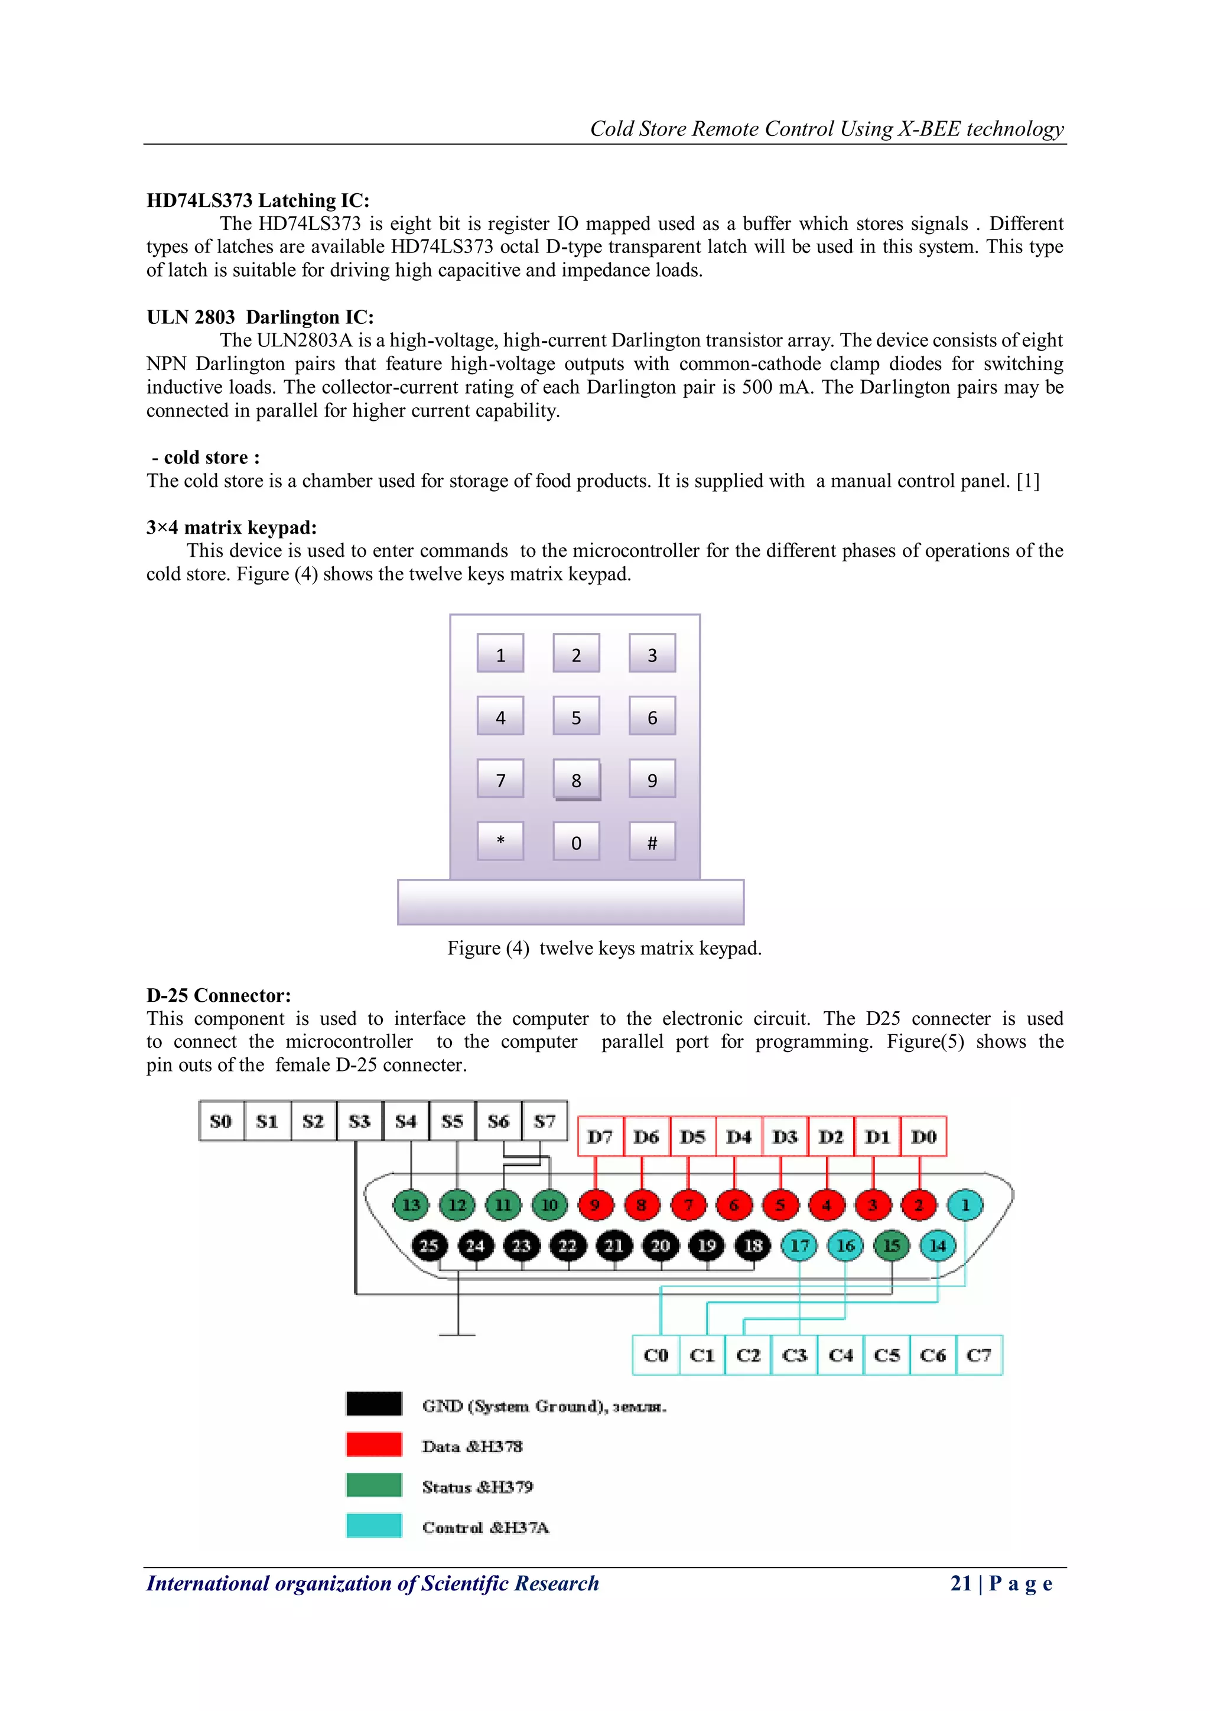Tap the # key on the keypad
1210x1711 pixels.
652,842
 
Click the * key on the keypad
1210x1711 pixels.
500,842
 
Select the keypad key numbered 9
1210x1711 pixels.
652,779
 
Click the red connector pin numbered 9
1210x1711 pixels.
594,1205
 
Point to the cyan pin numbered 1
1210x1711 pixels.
965,1205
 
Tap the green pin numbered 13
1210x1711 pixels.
411,1205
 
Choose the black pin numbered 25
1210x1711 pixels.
428,1245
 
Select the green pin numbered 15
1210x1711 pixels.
891,1245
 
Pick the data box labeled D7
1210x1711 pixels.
600,1137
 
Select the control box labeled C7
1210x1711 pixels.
978,1355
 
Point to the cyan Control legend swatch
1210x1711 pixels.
374,1525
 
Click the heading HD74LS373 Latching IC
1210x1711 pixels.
258,200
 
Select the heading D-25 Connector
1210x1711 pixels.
218,996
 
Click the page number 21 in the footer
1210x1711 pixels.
961,1583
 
